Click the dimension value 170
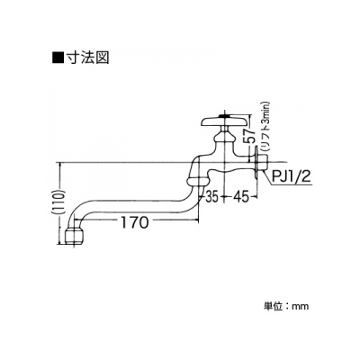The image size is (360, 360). click(135, 222)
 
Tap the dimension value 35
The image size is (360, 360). click(212, 197)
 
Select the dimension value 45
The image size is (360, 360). click(240, 197)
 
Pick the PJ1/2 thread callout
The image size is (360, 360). click(291, 178)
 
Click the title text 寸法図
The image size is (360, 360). click(87, 57)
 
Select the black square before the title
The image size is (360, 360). click(58, 57)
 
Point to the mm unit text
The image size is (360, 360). click(301, 307)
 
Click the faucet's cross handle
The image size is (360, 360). click(224, 121)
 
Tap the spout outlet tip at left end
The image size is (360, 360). click(73, 238)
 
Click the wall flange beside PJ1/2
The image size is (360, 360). click(256, 163)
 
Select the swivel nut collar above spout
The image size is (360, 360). click(198, 181)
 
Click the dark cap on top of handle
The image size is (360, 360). click(225, 115)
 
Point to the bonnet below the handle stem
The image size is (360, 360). click(225, 139)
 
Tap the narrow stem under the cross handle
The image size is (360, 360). click(225, 130)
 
